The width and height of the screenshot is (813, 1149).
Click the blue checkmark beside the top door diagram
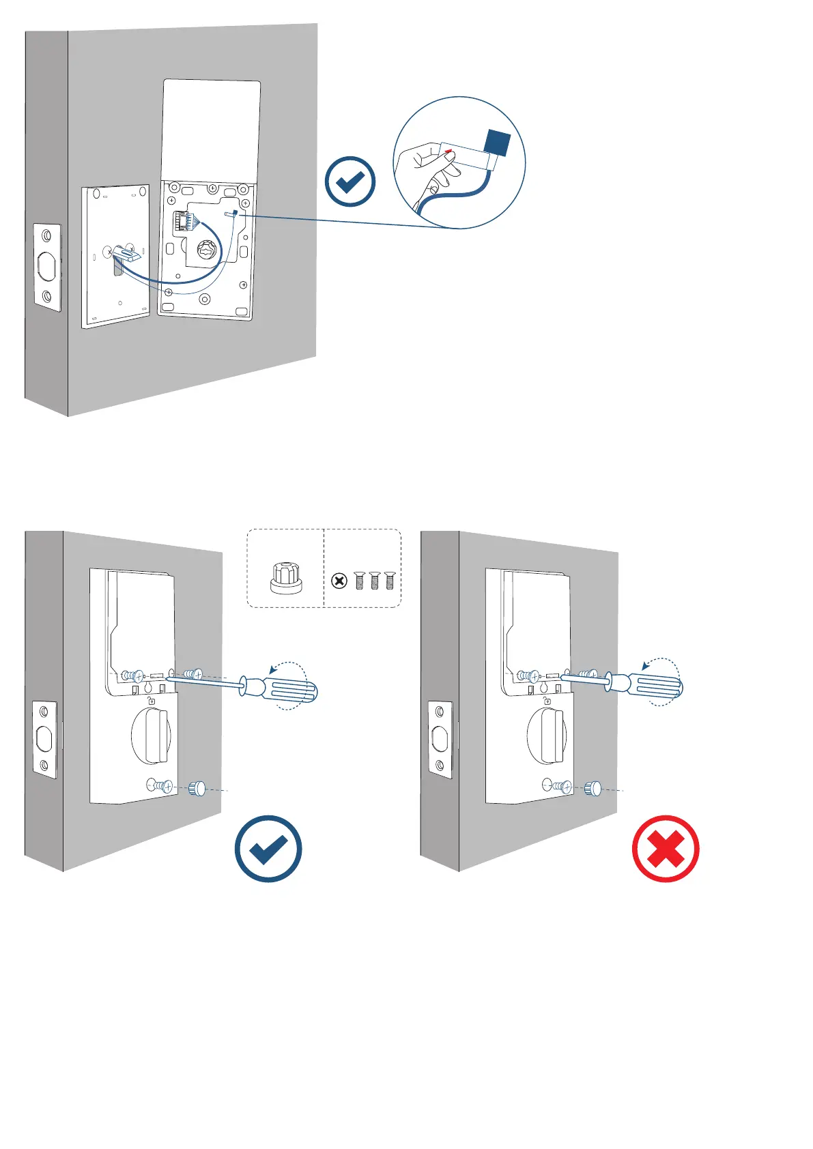click(x=350, y=181)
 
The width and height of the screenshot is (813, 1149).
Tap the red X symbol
click(x=666, y=849)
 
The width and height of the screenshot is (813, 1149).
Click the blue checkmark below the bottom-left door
click(x=268, y=849)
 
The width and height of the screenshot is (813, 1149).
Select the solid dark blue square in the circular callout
click(x=497, y=143)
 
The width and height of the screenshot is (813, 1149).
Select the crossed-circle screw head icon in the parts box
click(x=339, y=581)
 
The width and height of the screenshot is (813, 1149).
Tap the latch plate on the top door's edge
click(x=47, y=267)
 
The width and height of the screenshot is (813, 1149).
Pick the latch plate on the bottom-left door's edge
click(x=44, y=740)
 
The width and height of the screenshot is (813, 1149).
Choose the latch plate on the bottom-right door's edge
click(x=440, y=740)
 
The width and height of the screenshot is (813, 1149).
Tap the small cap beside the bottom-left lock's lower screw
click(x=197, y=788)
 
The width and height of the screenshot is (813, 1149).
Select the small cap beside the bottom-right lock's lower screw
click(x=592, y=788)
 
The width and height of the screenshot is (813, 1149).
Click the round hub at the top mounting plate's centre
click(x=206, y=250)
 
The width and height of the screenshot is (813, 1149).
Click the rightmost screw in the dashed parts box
click(x=390, y=581)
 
